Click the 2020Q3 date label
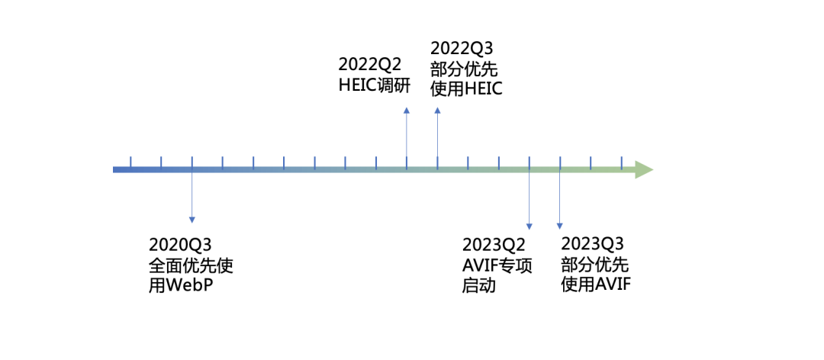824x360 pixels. pyautogui.click(x=180, y=245)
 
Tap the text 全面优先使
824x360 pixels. pyautogui.click(x=191, y=266)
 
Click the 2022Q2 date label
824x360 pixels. pyautogui.click(x=370, y=64)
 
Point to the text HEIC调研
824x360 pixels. pyautogui.click(x=375, y=85)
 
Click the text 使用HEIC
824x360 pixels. pyautogui.click(x=466, y=90)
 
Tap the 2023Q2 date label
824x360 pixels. pyautogui.click(x=494, y=245)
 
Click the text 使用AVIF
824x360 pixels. pyautogui.click(x=596, y=285)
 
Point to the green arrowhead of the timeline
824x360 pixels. pyautogui.click(x=643, y=169)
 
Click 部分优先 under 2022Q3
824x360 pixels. pyautogui.click(x=464, y=69)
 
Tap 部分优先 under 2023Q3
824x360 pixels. pyautogui.click(x=594, y=265)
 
